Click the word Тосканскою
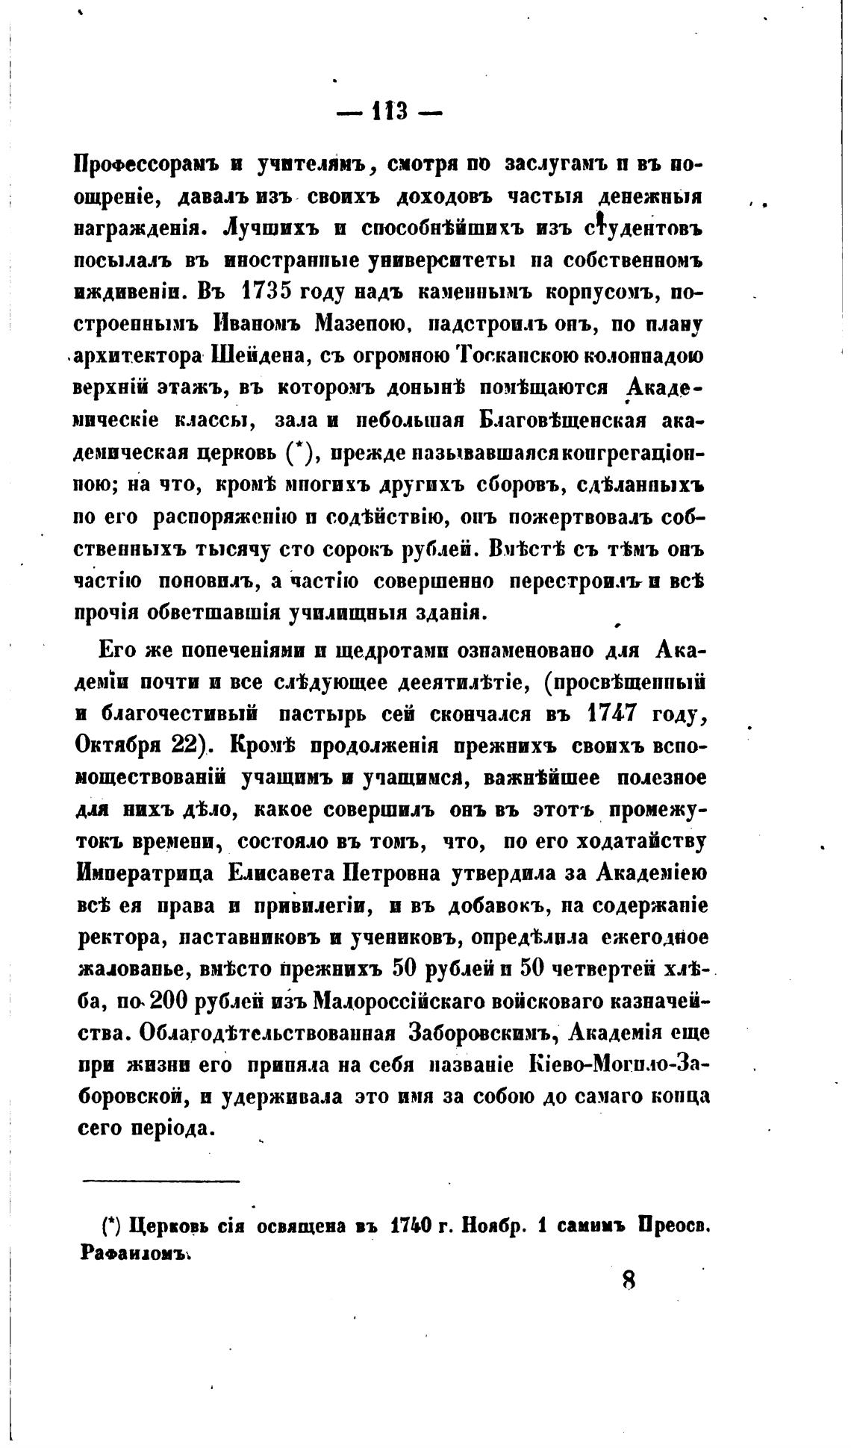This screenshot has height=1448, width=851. pyautogui.click(x=508, y=357)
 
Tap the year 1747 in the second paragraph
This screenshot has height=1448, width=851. pyautogui.click(x=611, y=712)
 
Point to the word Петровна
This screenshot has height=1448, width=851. pyautogui.click(x=393, y=873)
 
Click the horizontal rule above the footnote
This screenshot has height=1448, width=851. pyautogui.click(x=160, y=1181)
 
